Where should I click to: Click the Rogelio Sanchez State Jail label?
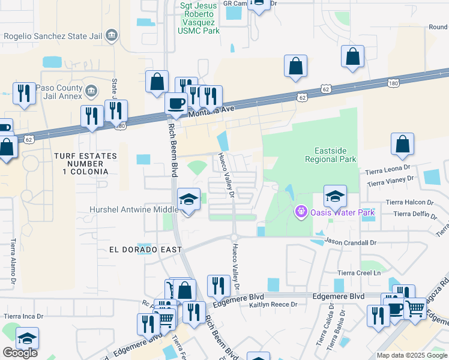[52, 36]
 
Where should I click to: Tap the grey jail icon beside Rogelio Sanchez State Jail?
[111, 36]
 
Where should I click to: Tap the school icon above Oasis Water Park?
[335, 196]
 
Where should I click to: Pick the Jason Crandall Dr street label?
[350, 242]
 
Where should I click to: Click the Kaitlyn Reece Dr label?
[273, 305]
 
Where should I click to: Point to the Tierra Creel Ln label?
[359, 273]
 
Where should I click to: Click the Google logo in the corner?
[20, 353]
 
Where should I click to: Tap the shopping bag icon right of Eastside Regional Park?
[402, 145]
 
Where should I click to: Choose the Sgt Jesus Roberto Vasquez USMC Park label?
[205, 17]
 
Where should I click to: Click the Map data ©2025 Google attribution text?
[411, 355]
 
